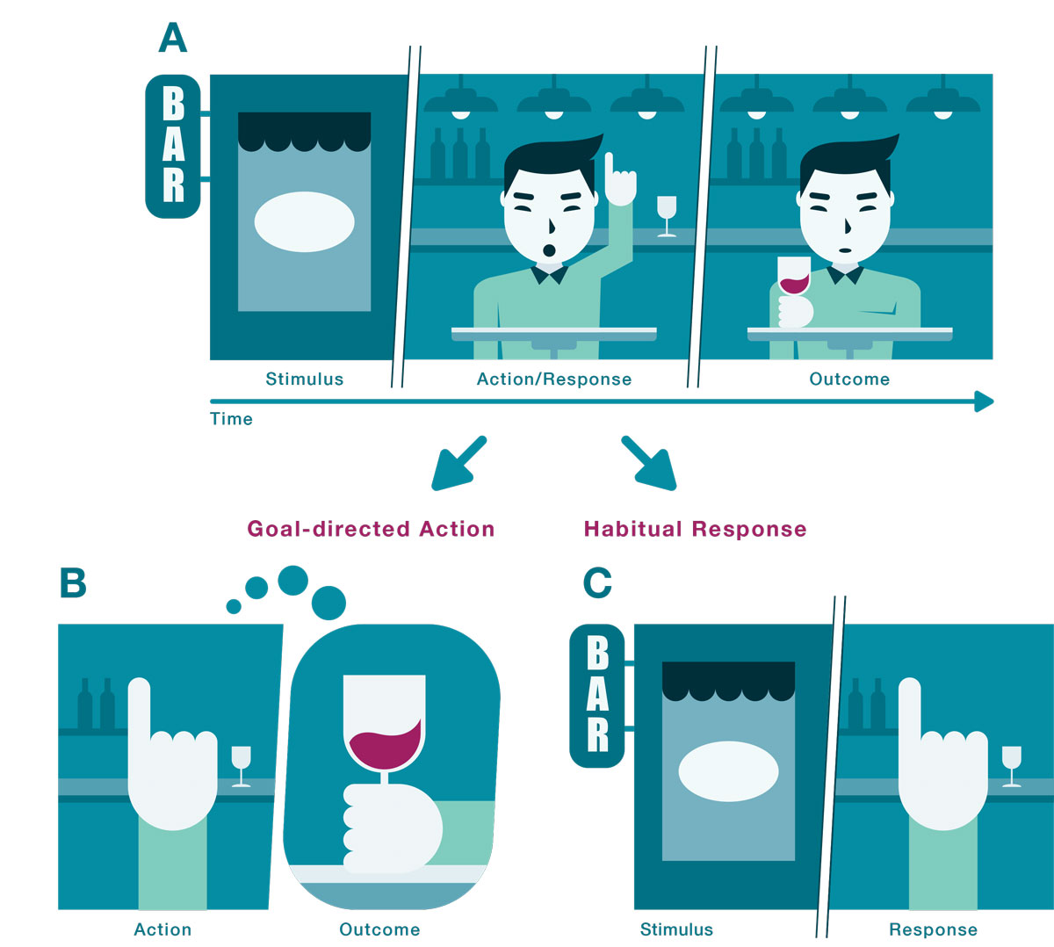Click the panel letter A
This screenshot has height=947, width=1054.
[173, 38]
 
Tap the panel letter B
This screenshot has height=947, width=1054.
[73, 582]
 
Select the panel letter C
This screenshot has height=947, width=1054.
[597, 582]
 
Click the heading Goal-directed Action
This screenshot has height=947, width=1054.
[371, 529]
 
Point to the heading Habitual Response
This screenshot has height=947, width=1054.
[695, 529]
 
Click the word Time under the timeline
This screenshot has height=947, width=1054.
[231, 419]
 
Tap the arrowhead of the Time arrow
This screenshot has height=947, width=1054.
[985, 401]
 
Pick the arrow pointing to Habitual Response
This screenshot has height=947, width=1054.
[649, 463]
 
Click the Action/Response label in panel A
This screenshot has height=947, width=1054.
[553, 380]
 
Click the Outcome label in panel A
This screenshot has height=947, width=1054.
[848, 380]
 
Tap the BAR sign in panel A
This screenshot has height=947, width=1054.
[173, 146]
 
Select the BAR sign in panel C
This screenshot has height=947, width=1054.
[597, 696]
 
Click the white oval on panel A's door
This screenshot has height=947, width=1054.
[304, 222]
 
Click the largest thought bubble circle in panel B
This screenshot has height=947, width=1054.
[329, 603]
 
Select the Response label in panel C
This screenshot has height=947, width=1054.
[933, 929]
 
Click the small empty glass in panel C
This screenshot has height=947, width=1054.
[1011, 763]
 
